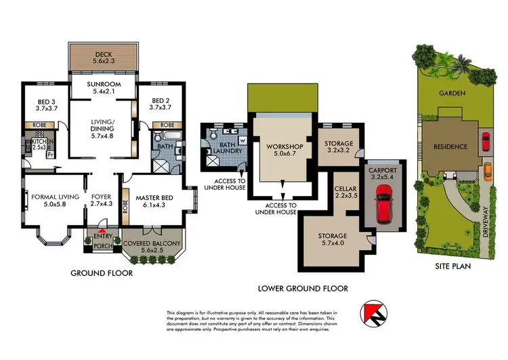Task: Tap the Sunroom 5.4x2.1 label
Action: tap(105, 88)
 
